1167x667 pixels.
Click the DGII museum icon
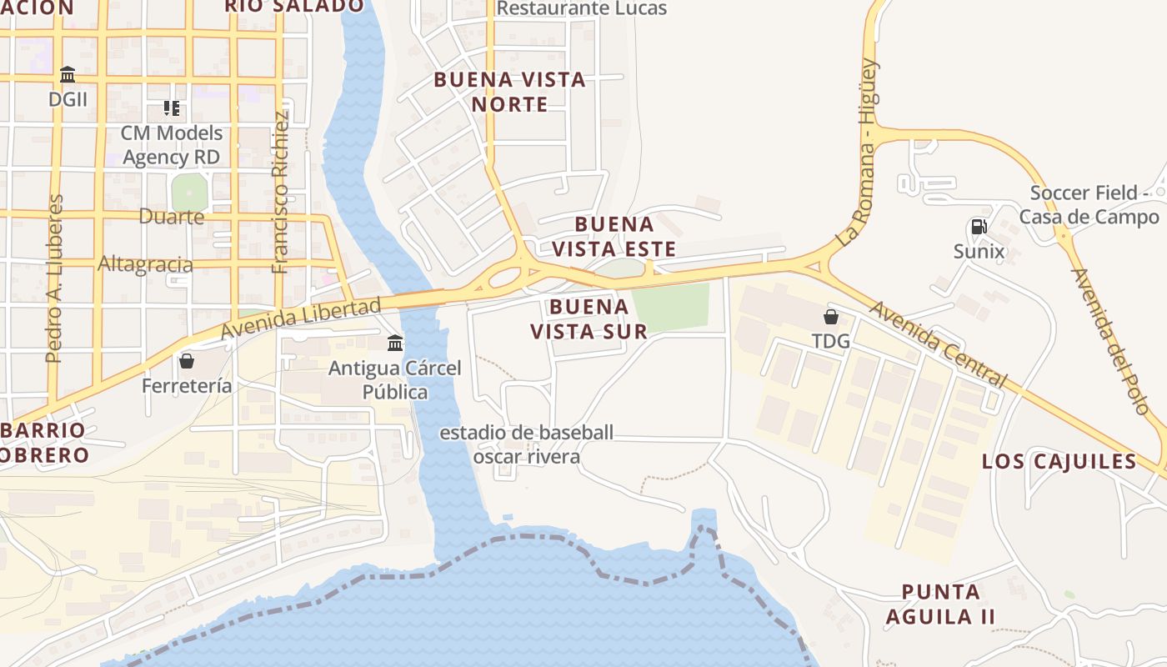[x=68, y=75]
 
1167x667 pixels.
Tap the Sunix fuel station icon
[x=979, y=226]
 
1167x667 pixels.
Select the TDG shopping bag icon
[x=830, y=317]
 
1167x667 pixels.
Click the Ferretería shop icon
[x=186, y=361]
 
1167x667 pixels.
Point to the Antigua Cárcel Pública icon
[x=395, y=343]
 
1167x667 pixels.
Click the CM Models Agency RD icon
[x=172, y=108]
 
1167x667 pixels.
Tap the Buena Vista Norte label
[x=509, y=92]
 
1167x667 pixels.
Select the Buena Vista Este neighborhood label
[x=614, y=237]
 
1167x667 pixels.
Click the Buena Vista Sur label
[x=589, y=318]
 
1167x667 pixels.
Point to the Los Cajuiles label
[x=1059, y=461]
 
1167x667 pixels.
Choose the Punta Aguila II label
[x=940, y=604]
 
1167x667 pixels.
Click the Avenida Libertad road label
[x=301, y=318]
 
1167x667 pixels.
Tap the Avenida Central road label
[x=938, y=344]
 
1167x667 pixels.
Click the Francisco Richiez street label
[x=281, y=192]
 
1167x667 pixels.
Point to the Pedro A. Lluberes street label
[x=55, y=278]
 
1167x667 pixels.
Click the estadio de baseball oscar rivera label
[x=526, y=444]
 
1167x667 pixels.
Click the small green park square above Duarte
[x=188, y=193]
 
